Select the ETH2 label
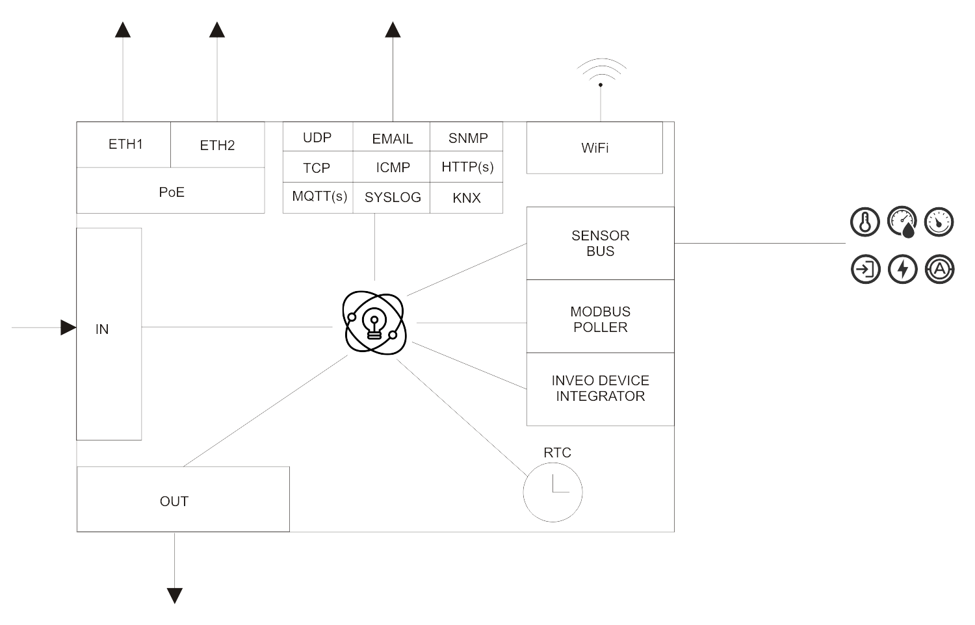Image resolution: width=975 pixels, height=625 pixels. point(217,145)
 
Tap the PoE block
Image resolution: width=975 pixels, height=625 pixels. point(171,192)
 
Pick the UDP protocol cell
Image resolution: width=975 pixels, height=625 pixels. point(317,138)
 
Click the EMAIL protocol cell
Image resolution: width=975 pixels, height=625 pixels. point(392,138)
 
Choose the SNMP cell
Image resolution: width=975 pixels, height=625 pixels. point(467,138)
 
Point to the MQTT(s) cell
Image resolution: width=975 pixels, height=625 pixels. point(318,196)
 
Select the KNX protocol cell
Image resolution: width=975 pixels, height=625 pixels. point(467,198)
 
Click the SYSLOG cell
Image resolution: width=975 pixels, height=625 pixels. point(392,197)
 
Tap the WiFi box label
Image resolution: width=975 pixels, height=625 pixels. point(595,147)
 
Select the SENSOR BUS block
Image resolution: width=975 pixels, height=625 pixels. point(600,243)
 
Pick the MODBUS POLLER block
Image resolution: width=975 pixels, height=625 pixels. point(600,319)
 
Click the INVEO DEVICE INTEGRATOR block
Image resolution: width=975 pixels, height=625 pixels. point(600,389)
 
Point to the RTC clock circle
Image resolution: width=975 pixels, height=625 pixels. point(552,492)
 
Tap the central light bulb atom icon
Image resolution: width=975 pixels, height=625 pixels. point(374,322)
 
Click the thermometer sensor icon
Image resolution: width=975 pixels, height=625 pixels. point(864,222)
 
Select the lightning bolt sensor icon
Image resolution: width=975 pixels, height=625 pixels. point(902,269)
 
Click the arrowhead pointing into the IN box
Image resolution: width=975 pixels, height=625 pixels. point(68,327)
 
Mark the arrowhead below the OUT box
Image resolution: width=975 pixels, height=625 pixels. point(174,595)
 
